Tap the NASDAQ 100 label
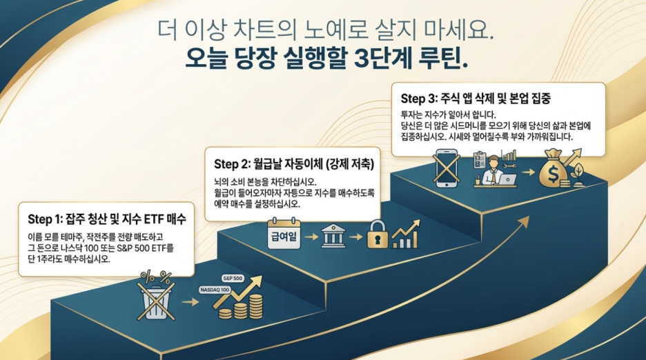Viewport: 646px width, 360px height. tap(214, 290)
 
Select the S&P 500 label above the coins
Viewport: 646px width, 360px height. tap(233, 278)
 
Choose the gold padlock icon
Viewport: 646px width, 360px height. tap(377, 234)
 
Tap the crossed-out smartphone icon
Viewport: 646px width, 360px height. tap(446, 167)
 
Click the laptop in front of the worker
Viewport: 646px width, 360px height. tap(507, 179)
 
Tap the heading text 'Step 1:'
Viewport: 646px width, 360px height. tap(46, 219)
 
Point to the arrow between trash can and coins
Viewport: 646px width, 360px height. tap(188, 302)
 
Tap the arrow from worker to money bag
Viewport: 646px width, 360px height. tap(530, 173)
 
